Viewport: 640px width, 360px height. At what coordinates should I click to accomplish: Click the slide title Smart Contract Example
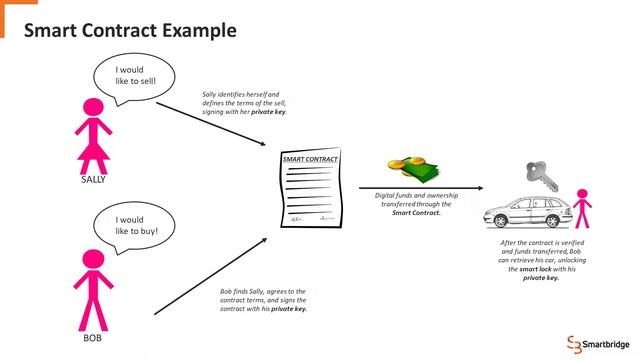pyautogui.click(x=130, y=30)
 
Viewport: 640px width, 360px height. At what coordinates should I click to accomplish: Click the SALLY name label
pyautogui.click(x=92, y=180)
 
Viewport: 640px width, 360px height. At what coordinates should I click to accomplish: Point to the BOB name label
pyautogui.click(x=93, y=339)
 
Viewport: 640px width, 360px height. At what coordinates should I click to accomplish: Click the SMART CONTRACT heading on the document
pyautogui.click(x=310, y=160)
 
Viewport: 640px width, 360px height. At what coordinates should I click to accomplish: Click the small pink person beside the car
pyautogui.click(x=582, y=208)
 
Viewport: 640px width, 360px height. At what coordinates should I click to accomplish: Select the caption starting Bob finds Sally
pyautogui.click(x=263, y=300)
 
